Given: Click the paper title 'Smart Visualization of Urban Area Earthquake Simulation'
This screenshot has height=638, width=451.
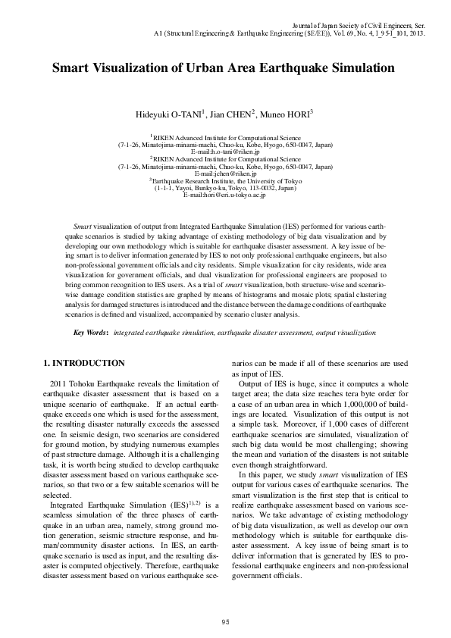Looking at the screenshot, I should point(224,67).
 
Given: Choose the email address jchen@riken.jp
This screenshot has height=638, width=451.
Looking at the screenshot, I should point(230,174).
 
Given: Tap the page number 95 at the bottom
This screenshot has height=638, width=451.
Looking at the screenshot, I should point(225,621).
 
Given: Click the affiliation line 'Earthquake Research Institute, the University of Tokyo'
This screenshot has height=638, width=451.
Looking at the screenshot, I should point(227,181).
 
